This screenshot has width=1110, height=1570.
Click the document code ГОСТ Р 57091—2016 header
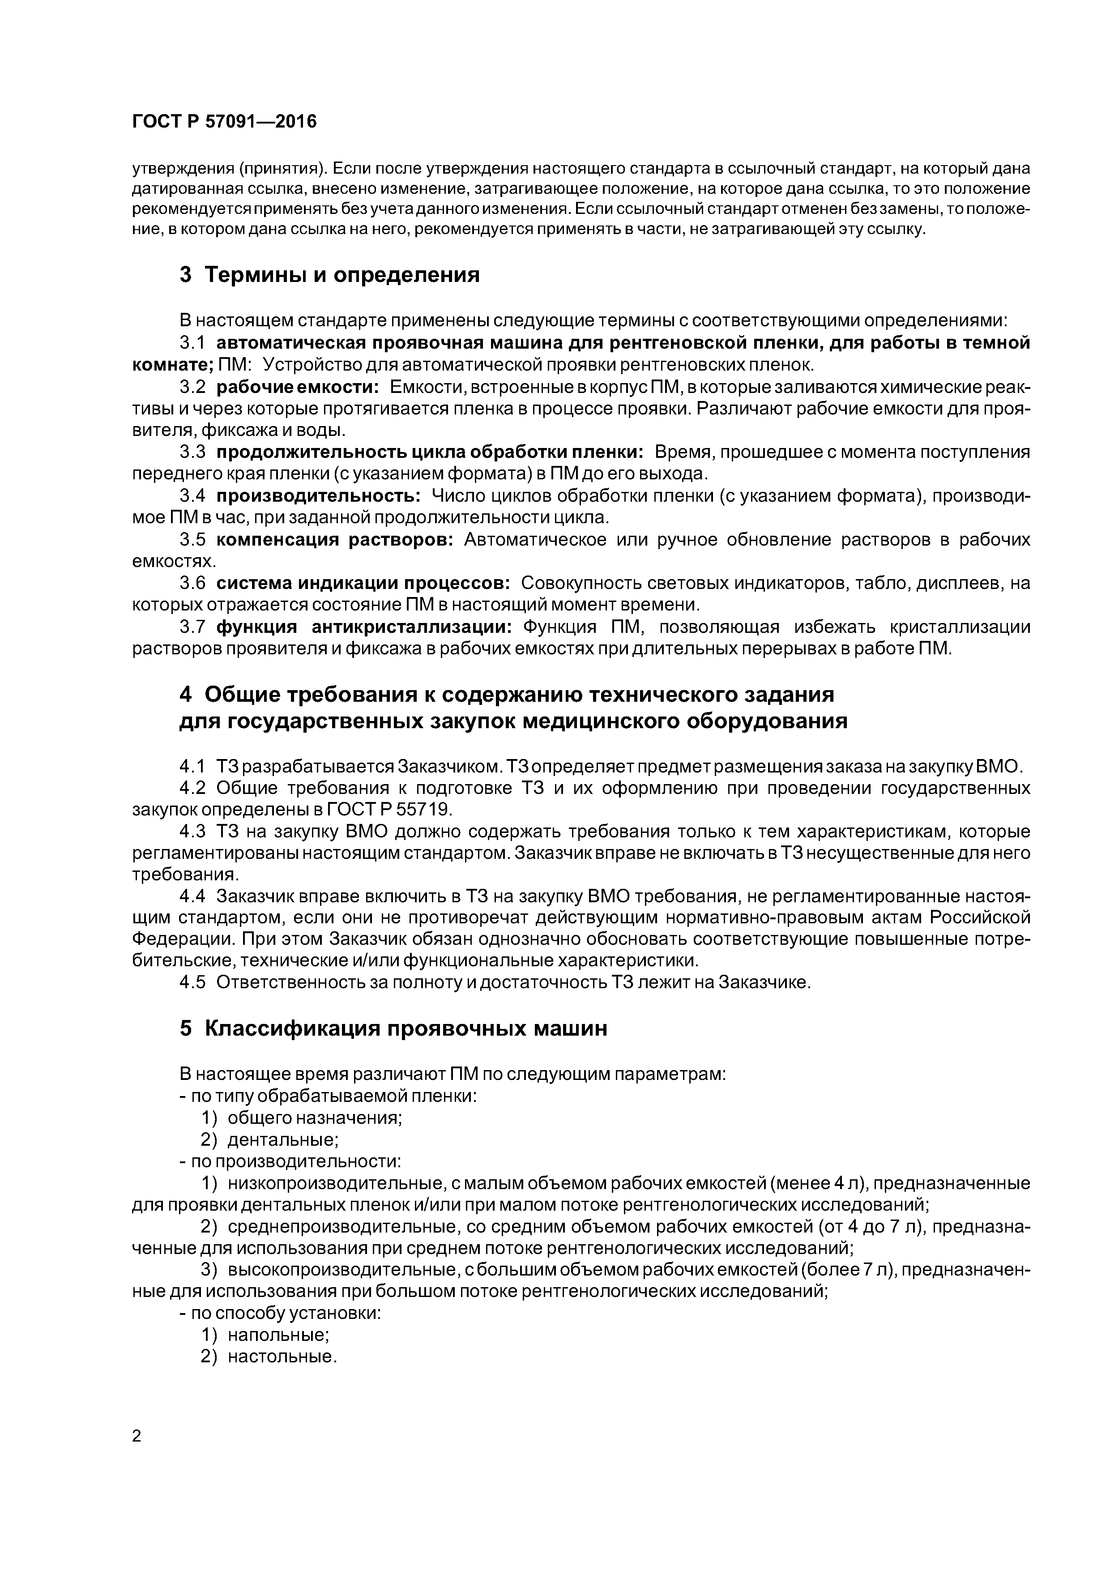(x=224, y=122)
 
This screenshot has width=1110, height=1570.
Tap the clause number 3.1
(x=192, y=342)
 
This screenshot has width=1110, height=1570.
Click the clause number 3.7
(x=192, y=627)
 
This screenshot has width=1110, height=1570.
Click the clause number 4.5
(x=192, y=983)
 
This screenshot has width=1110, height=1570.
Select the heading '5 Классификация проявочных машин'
(x=393, y=1028)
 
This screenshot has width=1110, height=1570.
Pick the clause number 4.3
(x=192, y=832)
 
